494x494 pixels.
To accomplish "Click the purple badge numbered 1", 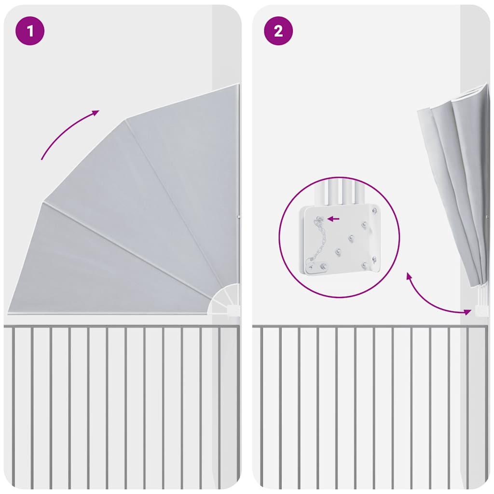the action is pos(30,31).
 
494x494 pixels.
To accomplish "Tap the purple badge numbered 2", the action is pos(278,31).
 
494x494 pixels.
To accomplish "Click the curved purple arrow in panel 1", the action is pos(67,132).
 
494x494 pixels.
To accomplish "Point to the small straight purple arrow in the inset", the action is pos(333,219).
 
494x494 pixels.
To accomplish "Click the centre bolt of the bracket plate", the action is pos(351,238).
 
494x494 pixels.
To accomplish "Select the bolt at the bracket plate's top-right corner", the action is pos(375,210).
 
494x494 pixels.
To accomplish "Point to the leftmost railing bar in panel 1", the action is pos(13,406).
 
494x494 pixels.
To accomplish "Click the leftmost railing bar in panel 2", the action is pos(261,406).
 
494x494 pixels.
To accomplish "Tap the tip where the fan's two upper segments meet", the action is pos(126,120).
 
